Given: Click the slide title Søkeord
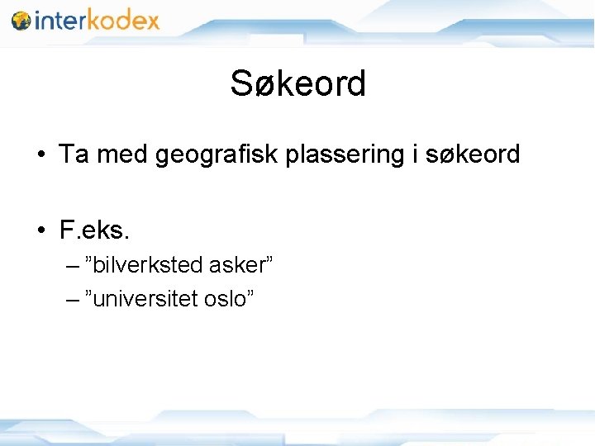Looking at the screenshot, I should pyautogui.click(x=297, y=83).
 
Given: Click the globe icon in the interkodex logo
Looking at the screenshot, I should pyautogui.click(x=21, y=21).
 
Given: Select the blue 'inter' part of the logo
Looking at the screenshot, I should pyautogui.click(x=59, y=20).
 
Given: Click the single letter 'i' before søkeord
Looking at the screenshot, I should pyautogui.click(x=413, y=154).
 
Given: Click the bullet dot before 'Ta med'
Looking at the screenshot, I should pyautogui.click(x=40, y=155).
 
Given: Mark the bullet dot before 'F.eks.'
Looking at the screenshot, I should pyautogui.click(x=40, y=230).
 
